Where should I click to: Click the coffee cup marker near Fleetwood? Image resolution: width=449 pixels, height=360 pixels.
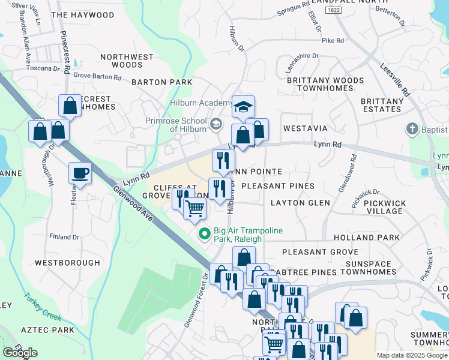point(80,174)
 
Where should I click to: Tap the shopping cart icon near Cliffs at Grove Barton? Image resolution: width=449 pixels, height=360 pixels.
point(194,209)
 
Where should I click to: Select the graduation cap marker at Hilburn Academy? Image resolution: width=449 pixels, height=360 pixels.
point(243,107)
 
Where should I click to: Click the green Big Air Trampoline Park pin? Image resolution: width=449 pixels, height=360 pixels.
point(204,234)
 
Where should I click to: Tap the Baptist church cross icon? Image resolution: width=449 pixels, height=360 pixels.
point(412,129)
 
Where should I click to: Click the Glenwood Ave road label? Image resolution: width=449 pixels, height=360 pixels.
point(134,204)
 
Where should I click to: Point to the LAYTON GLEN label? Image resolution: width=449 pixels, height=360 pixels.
point(300,203)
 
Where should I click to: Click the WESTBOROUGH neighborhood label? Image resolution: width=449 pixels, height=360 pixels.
point(67,263)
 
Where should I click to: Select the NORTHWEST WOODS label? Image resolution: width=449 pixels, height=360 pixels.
point(127,61)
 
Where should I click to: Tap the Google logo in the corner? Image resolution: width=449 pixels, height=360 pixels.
point(20,353)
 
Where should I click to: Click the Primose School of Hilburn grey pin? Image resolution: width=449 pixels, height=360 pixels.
point(217,125)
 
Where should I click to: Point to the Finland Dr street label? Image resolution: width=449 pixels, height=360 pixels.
point(64,237)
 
